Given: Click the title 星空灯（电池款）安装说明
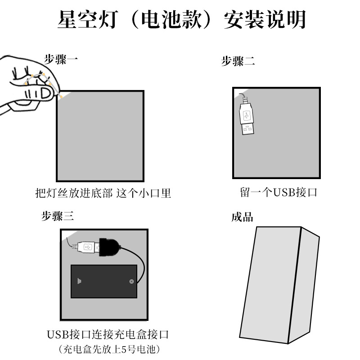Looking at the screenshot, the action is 182,20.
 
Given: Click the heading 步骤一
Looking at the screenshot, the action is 61,59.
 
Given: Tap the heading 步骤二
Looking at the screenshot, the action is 238,62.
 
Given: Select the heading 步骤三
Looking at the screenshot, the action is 57,216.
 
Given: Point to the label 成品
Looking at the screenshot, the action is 242,218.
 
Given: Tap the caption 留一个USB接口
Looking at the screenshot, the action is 279,193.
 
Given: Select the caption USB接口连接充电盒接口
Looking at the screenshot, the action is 108,335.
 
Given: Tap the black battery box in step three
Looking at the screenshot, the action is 103,281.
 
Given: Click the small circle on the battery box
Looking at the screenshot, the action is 131,282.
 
